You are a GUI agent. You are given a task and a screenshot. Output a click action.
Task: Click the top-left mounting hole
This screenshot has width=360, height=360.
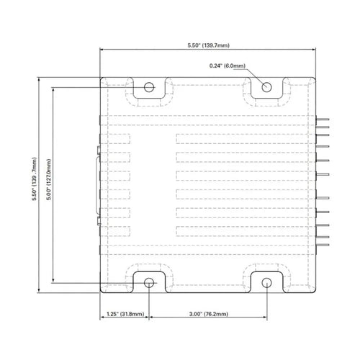pos(149,87)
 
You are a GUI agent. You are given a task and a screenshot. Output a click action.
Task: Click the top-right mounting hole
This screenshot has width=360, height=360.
pos(266,87)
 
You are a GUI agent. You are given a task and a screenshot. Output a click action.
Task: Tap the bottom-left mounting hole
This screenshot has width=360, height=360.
pos(149,283)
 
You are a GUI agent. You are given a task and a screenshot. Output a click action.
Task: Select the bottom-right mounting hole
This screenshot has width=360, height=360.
pos(266,283)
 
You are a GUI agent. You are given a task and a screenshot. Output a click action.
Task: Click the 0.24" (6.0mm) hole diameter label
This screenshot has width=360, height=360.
pos(228,66)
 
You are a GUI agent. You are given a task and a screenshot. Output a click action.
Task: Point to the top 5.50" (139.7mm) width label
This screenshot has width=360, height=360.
pos(208,45)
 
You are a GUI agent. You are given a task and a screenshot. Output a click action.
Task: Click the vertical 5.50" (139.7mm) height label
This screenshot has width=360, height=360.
pos(35,179)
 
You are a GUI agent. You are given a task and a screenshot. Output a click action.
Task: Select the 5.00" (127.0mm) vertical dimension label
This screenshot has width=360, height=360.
pos(49,179)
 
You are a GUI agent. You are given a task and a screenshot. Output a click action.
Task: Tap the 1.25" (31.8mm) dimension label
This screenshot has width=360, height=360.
pos(125,314)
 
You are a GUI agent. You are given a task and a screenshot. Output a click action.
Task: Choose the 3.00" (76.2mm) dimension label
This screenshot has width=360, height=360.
pos(208,314)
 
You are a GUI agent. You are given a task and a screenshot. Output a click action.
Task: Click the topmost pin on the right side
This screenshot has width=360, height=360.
pos(323,119)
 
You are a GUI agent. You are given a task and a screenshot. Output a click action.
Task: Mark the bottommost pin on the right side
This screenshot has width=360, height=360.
pos(323,245)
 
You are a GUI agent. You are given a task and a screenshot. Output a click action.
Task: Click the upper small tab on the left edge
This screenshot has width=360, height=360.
pos(99,150)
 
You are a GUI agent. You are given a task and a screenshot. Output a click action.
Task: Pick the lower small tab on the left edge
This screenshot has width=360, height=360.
pos(99,221)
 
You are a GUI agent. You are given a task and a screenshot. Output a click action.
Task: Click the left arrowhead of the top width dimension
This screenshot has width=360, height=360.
pos(102,50)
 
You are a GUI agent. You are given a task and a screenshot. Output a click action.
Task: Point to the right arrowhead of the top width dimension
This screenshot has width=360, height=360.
pos(314,50)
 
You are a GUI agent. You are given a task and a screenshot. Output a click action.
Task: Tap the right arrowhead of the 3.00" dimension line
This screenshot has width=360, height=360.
pos(265,317)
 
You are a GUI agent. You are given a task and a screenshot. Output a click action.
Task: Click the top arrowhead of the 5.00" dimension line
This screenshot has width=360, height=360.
pos(53,89)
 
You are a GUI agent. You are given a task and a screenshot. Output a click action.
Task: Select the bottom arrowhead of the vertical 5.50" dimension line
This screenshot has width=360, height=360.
pos(39,291)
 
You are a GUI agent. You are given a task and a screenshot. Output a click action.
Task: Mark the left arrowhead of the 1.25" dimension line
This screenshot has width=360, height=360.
pos(102,317)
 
